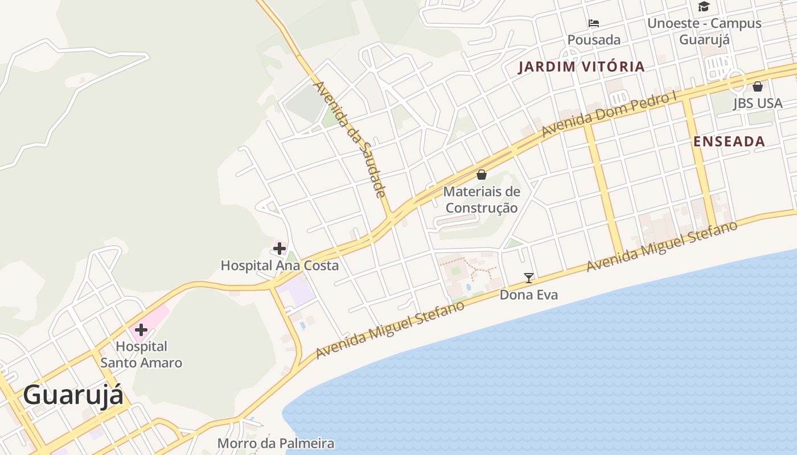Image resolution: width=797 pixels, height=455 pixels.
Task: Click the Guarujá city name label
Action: pyautogui.click(x=73, y=395)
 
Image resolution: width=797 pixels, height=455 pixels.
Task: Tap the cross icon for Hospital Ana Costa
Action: pyautogui.click(x=280, y=248)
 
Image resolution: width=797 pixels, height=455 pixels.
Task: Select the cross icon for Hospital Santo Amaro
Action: pyautogui.click(x=141, y=329)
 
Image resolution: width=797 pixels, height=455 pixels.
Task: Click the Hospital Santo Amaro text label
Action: pyautogui.click(x=141, y=354)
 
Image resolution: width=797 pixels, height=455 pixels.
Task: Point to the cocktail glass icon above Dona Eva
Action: pyautogui.click(x=529, y=278)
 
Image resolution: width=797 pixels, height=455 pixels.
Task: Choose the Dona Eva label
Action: pyautogui.click(x=529, y=295)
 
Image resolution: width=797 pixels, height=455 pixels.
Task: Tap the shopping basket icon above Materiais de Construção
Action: pyautogui.click(x=482, y=174)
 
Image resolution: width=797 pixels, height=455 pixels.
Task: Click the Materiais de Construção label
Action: pyautogui.click(x=482, y=200)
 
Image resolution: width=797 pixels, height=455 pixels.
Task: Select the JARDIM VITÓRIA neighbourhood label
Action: pyautogui.click(x=581, y=67)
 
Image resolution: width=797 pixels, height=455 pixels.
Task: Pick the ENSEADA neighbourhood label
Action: pyautogui.click(x=729, y=142)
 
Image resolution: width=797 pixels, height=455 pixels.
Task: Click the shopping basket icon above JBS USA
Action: pyautogui.click(x=758, y=86)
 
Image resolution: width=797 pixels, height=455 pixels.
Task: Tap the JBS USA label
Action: pyautogui.click(x=758, y=104)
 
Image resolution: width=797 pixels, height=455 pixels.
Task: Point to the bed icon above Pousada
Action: pyautogui.click(x=594, y=23)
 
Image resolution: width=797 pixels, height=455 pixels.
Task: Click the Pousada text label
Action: pyautogui.click(x=594, y=40)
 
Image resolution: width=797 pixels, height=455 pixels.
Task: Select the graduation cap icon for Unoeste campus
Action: pyautogui.click(x=704, y=6)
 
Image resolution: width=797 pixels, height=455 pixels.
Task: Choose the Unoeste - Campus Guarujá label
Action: pyautogui.click(x=704, y=31)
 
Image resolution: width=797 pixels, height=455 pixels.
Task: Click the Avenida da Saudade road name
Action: pyautogui.click(x=350, y=139)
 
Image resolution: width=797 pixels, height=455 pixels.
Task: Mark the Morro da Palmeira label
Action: pyautogui.click(x=276, y=443)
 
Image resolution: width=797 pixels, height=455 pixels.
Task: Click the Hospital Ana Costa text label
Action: pyautogui.click(x=280, y=266)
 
